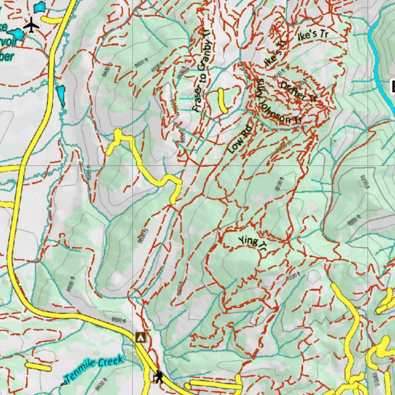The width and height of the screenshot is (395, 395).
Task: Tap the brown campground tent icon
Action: [x=141, y=337]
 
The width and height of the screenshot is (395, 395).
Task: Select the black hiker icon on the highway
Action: [x=158, y=376]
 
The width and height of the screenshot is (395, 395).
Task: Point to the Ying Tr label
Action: [x=253, y=245]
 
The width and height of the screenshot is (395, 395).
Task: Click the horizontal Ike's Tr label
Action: [x=313, y=35]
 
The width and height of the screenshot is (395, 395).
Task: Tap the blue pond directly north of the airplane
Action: [x=39, y=7]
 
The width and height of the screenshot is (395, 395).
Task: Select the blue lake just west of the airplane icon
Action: [x=16, y=34]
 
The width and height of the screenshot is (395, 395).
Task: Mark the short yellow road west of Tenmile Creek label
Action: [x=38, y=366]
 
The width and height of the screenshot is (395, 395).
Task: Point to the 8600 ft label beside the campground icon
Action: [x=119, y=320]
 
